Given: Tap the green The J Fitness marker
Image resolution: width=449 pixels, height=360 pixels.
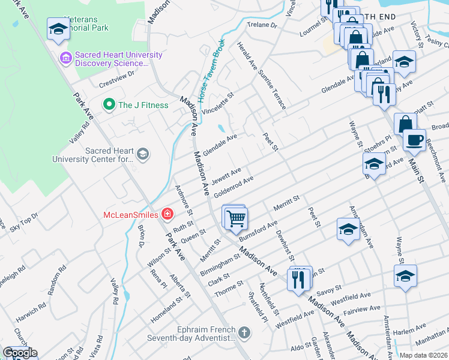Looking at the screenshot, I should [109, 105].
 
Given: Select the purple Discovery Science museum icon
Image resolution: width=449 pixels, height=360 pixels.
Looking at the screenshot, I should [65, 59].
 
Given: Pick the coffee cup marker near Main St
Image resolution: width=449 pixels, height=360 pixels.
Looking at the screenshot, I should [414, 141].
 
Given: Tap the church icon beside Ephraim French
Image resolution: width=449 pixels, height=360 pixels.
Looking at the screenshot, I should [244, 332].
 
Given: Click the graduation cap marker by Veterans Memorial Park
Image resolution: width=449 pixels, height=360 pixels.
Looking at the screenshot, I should [58, 29].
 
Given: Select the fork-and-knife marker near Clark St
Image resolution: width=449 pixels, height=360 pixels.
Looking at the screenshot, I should [297, 279].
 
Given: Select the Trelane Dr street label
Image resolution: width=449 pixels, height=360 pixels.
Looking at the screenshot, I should [264, 26].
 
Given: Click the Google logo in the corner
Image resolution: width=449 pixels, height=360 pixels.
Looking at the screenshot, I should [20, 353].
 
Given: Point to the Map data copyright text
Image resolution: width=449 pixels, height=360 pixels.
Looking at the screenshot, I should [423, 355].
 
